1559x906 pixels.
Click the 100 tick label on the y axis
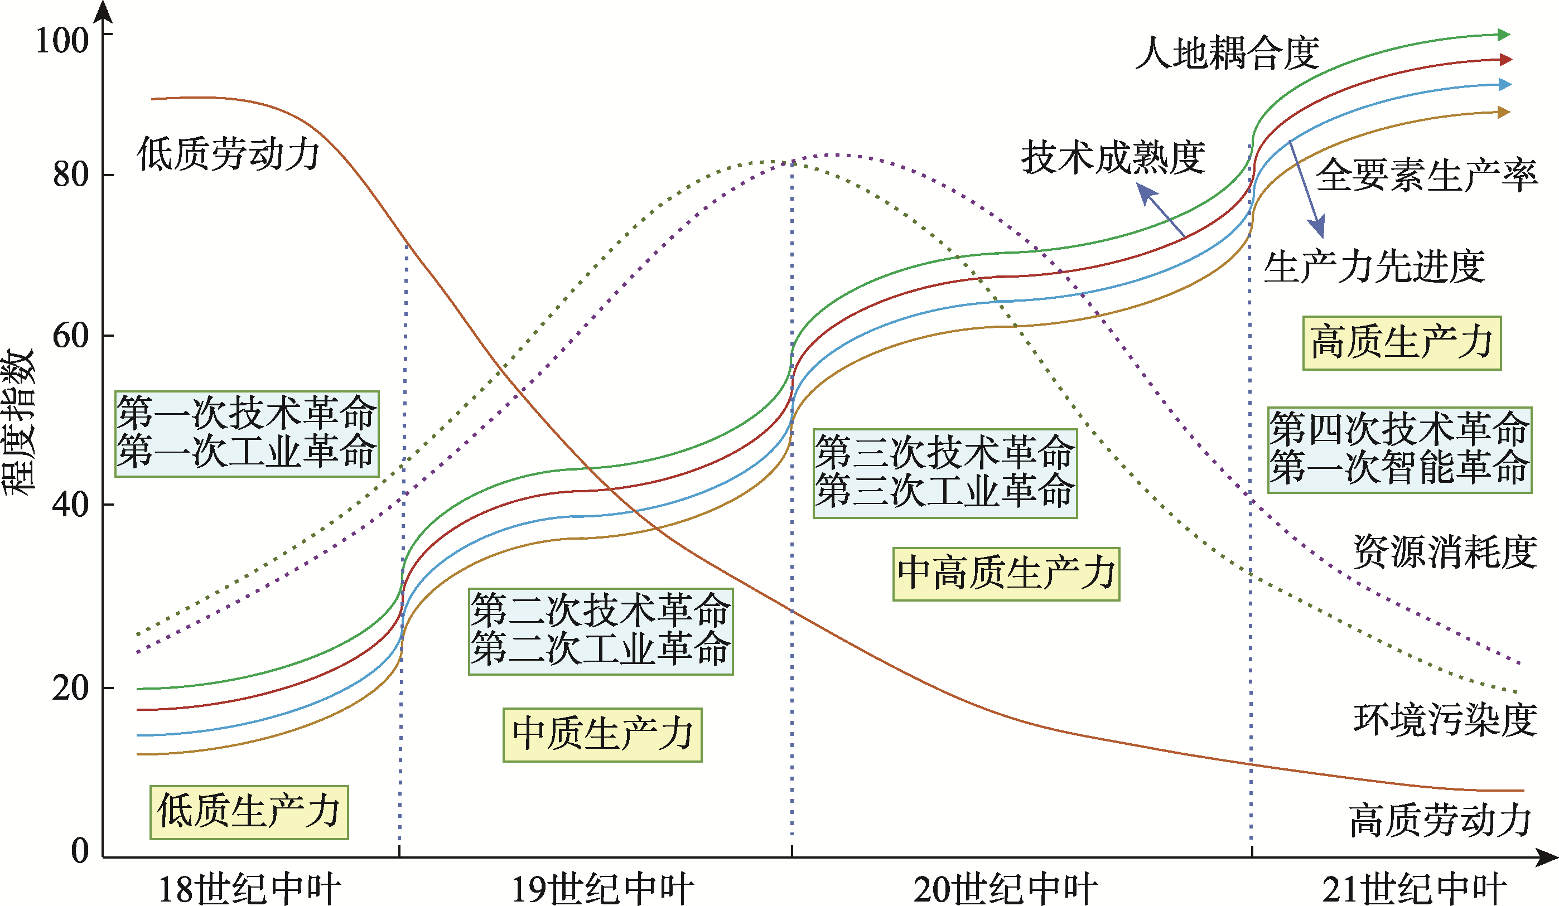point(62,41)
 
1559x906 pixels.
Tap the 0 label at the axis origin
point(80,850)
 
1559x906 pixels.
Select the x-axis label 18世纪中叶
point(249,889)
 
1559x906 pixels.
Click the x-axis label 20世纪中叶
point(1005,889)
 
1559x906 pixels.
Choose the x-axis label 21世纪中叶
point(1413,889)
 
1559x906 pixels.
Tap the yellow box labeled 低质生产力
point(249,812)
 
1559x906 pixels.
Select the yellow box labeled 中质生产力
point(602,735)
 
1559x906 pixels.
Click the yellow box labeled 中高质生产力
point(1006,574)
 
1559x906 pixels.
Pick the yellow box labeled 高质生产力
point(1402,343)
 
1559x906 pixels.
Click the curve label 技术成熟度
point(1113,158)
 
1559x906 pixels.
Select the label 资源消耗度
point(1445,551)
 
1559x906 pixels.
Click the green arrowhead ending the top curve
point(1504,35)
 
